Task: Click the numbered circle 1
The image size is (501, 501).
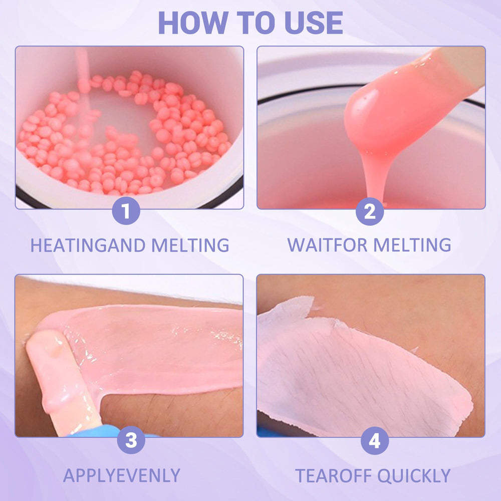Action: [x=126, y=210]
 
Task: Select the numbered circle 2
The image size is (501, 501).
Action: [x=370, y=211]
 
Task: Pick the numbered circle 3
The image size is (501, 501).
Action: [x=131, y=440]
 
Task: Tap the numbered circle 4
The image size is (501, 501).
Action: [x=374, y=440]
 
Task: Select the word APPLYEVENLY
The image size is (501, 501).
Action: [x=122, y=475]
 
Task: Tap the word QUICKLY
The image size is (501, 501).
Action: [x=414, y=476]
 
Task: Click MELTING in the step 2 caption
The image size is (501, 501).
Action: [x=412, y=245]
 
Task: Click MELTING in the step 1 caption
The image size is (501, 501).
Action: [x=190, y=245]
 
